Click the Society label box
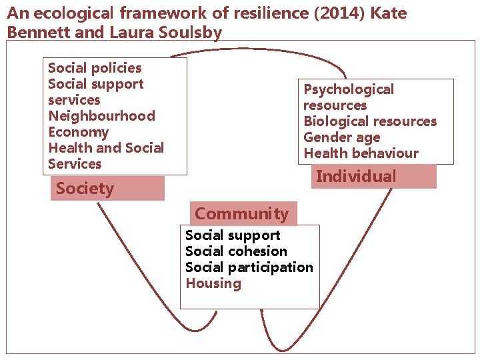pos(107,189)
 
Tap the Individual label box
pos(373,177)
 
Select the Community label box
pos(243,214)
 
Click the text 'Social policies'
pos(95,68)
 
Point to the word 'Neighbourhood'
pos(101,116)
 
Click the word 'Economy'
pos(78,132)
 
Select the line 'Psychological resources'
pos(348,97)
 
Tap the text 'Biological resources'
pos(370,121)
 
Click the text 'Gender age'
pos(341,137)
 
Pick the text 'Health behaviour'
pos(361,153)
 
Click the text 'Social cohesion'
pos(236,251)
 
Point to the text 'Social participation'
pos(249,267)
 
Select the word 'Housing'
pos(213,283)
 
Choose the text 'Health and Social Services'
pos(105,156)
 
